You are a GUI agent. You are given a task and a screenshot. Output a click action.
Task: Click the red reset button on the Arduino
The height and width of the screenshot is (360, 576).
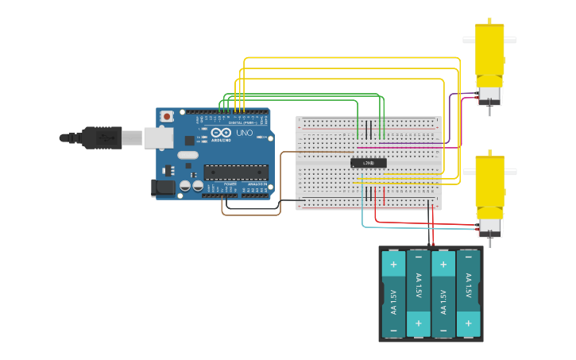[x=166, y=117]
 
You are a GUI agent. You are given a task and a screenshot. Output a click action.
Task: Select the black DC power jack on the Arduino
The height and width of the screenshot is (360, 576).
[x=163, y=188]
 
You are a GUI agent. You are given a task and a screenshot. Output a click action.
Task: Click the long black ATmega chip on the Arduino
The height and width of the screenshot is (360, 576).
[x=235, y=172]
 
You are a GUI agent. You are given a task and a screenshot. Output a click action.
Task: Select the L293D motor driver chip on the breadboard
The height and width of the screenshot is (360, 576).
[x=369, y=163]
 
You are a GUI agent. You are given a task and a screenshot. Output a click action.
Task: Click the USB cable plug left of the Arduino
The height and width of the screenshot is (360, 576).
[x=103, y=137]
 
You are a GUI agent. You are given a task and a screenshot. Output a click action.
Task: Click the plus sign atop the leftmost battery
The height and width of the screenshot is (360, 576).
[x=393, y=264]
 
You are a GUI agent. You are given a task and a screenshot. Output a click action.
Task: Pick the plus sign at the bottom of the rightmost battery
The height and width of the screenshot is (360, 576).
[x=469, y=323]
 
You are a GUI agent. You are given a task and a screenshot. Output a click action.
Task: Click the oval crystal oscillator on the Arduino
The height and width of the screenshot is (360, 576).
[x=187, y=155]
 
